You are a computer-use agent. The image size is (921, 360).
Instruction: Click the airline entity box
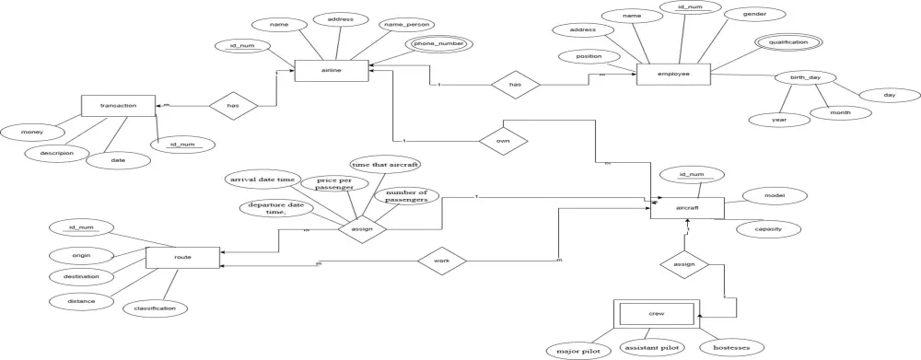click(331, 70)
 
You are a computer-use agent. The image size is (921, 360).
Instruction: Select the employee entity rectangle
click(674, 74)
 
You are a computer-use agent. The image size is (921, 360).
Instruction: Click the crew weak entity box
click(657, 315)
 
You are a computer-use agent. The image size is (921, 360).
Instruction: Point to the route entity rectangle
click(182, 258)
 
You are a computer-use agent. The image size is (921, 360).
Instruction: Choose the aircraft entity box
click(686, 208)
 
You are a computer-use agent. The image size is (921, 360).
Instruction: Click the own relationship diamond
click(502, 141)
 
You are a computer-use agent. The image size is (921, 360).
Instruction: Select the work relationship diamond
click(440, 261)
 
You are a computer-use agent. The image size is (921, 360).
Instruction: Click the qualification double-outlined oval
click(787, 42)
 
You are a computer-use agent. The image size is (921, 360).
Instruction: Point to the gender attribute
click(752, 16)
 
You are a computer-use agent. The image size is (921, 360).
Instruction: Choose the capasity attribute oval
click(768, 228)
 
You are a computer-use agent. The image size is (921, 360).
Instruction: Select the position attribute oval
click(588, 57)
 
